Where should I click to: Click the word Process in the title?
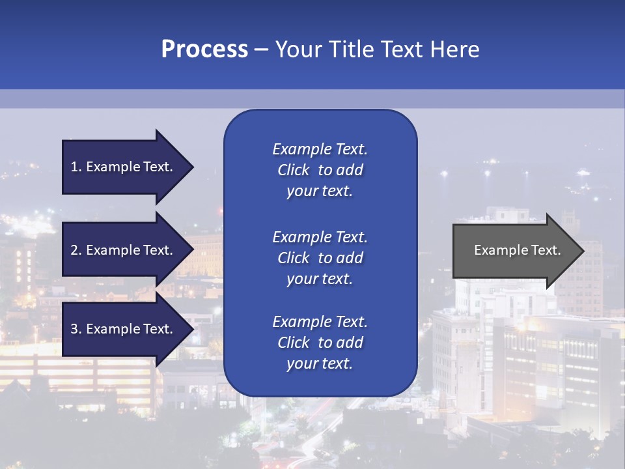[204, 50]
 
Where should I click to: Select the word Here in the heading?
[454, 50]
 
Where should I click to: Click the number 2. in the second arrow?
[76, 250]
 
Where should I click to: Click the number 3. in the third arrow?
[76, 329]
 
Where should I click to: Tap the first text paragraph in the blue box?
[320, 170]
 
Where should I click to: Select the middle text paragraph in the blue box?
[320, 258]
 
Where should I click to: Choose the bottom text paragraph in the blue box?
[320, 343]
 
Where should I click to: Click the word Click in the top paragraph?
[294, 170]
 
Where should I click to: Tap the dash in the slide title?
[261, 50]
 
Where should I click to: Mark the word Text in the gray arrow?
[544, 250]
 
